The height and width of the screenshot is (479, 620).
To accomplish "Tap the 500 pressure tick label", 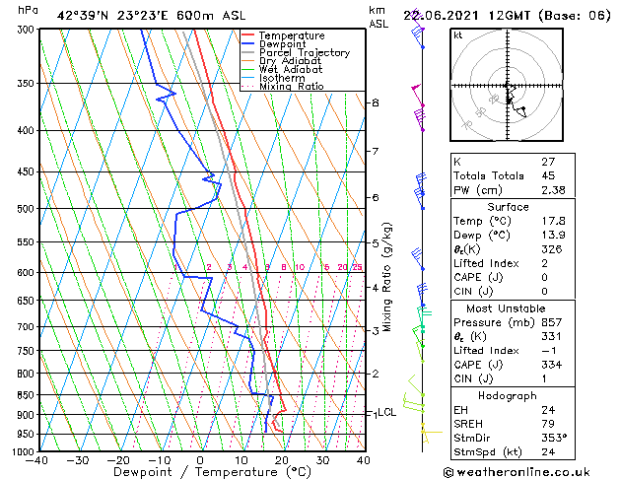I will (x=24, y=209).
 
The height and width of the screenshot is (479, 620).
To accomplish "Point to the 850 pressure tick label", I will (x=24, y=394).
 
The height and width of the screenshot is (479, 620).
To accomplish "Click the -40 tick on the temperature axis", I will (x=37, y=460).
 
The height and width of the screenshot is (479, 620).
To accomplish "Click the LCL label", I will (x=387, y=413).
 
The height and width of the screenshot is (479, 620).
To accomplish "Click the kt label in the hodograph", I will (x=458, y=34).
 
